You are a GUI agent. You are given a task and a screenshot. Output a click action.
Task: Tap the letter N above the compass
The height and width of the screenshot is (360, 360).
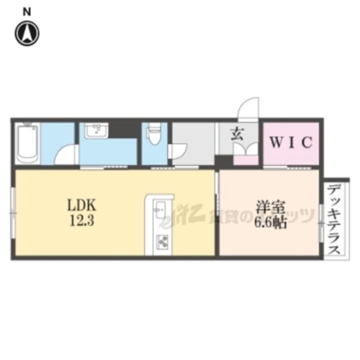click(x=28, y=11)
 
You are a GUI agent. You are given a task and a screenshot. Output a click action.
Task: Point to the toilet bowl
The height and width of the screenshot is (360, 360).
click(x=153, y=134)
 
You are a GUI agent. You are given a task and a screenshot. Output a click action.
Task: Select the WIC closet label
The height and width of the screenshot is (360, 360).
click(x=291, y=142)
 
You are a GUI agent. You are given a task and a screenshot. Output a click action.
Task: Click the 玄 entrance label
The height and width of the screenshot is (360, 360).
click(x=236, y=133)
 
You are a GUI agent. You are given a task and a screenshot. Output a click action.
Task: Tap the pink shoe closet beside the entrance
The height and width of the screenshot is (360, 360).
click(x=245, y=160)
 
